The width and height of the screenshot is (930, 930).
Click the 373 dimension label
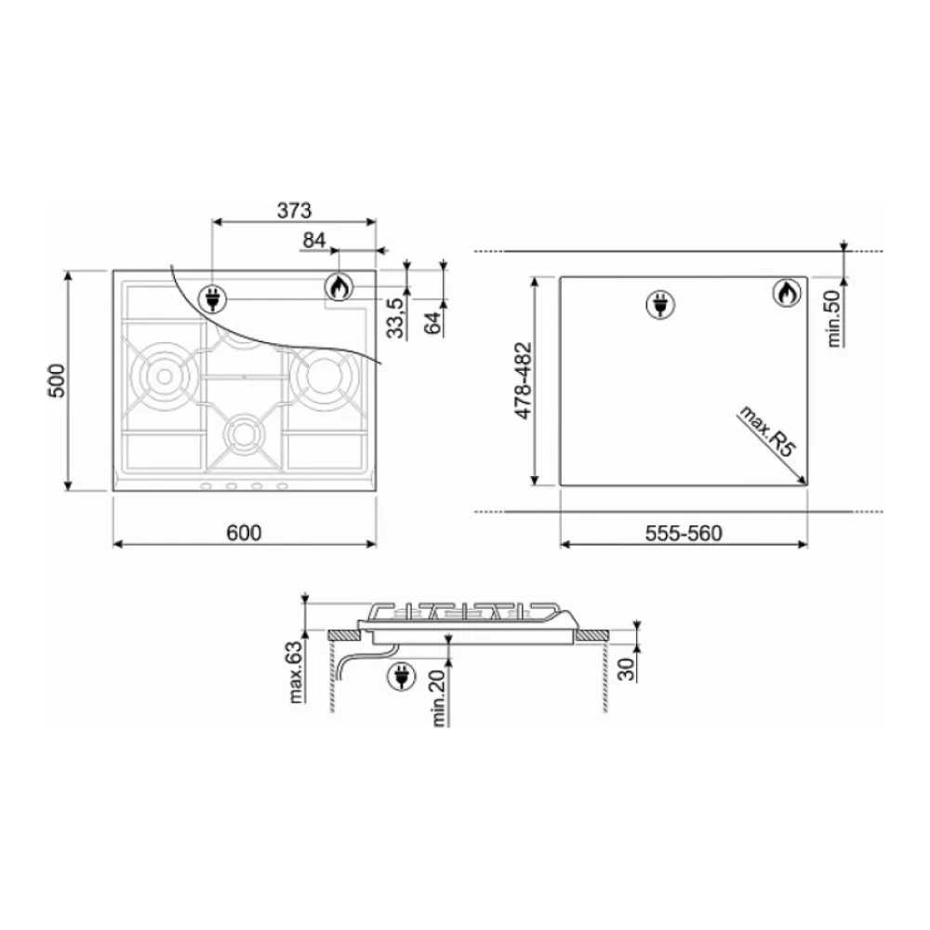coord(294,210)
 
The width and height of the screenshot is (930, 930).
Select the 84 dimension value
coord(314,240)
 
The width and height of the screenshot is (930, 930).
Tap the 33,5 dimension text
coord(395,318)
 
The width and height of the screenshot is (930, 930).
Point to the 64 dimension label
coord(433,322)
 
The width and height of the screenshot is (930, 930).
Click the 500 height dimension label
coord(57,380)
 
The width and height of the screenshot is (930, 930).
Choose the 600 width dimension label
coord(244,533)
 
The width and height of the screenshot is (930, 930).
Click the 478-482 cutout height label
coord(524,380)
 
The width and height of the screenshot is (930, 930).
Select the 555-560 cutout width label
coord(684,533)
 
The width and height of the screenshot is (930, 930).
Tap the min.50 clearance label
coord(834,318)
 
